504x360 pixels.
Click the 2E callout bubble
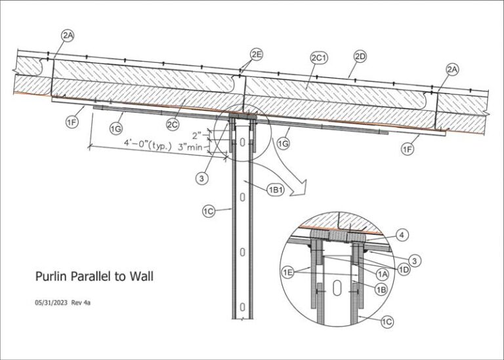[x=257, y=54]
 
